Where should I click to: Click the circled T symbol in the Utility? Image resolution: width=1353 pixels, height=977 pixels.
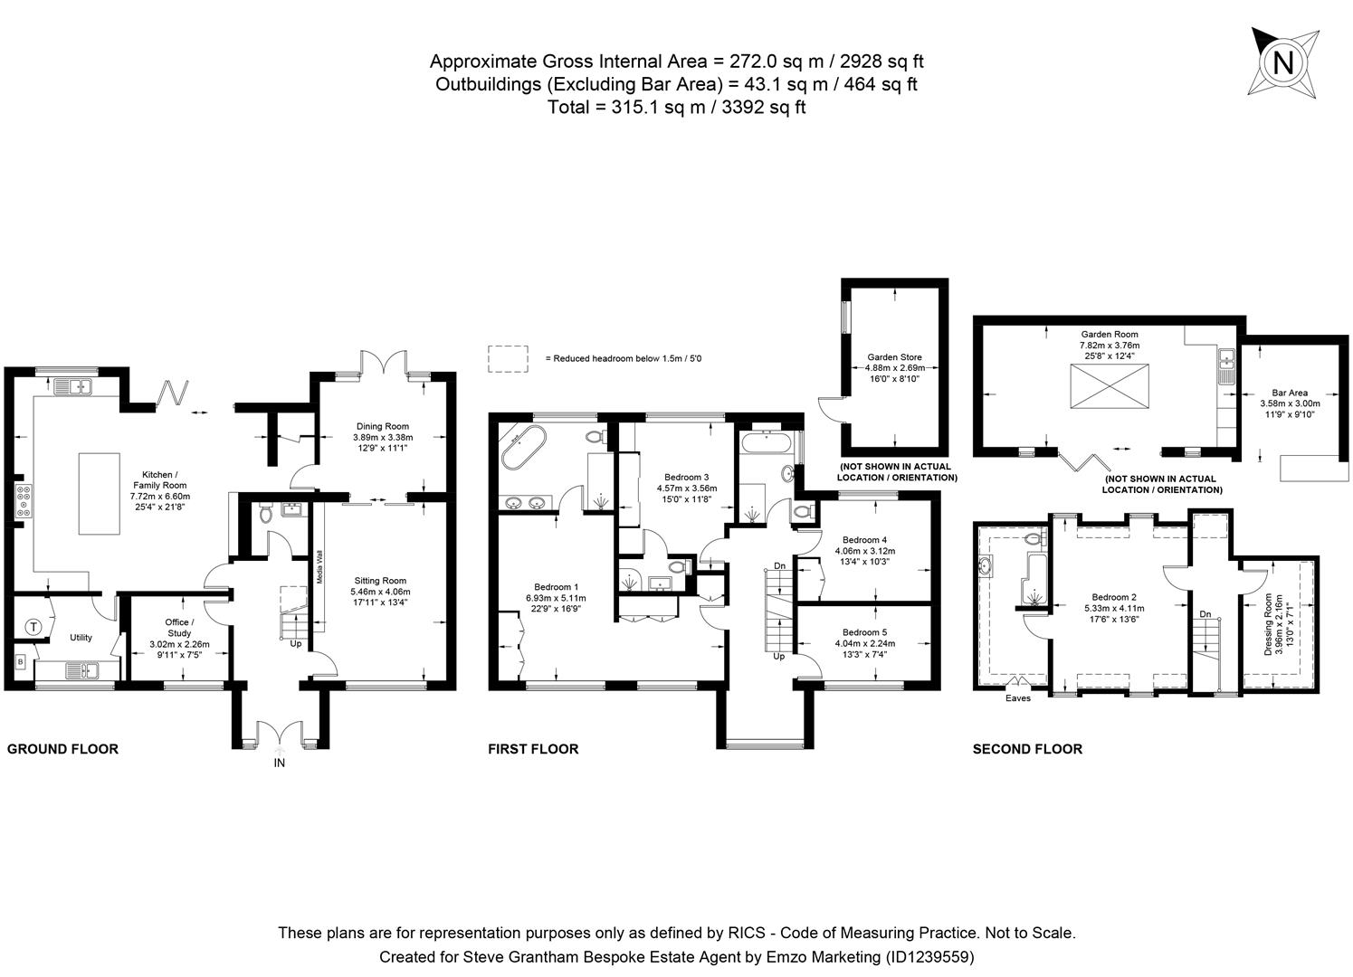point(33,626)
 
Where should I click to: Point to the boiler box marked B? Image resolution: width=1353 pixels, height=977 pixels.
point(20,662)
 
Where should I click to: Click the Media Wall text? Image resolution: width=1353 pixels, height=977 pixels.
point(319,566)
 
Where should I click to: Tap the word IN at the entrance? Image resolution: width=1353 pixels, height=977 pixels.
point(280,764)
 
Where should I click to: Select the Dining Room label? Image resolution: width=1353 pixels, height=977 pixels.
point(381,426)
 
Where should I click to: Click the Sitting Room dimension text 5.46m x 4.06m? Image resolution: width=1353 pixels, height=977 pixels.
point(380,593)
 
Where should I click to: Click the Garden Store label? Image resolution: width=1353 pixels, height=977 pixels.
point(894,357)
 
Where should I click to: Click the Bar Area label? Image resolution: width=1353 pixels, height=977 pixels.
point(1289,394)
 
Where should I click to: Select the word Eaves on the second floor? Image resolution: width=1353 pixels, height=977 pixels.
point(1017,698)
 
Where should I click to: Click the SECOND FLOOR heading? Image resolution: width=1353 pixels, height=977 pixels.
point(1027,749)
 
